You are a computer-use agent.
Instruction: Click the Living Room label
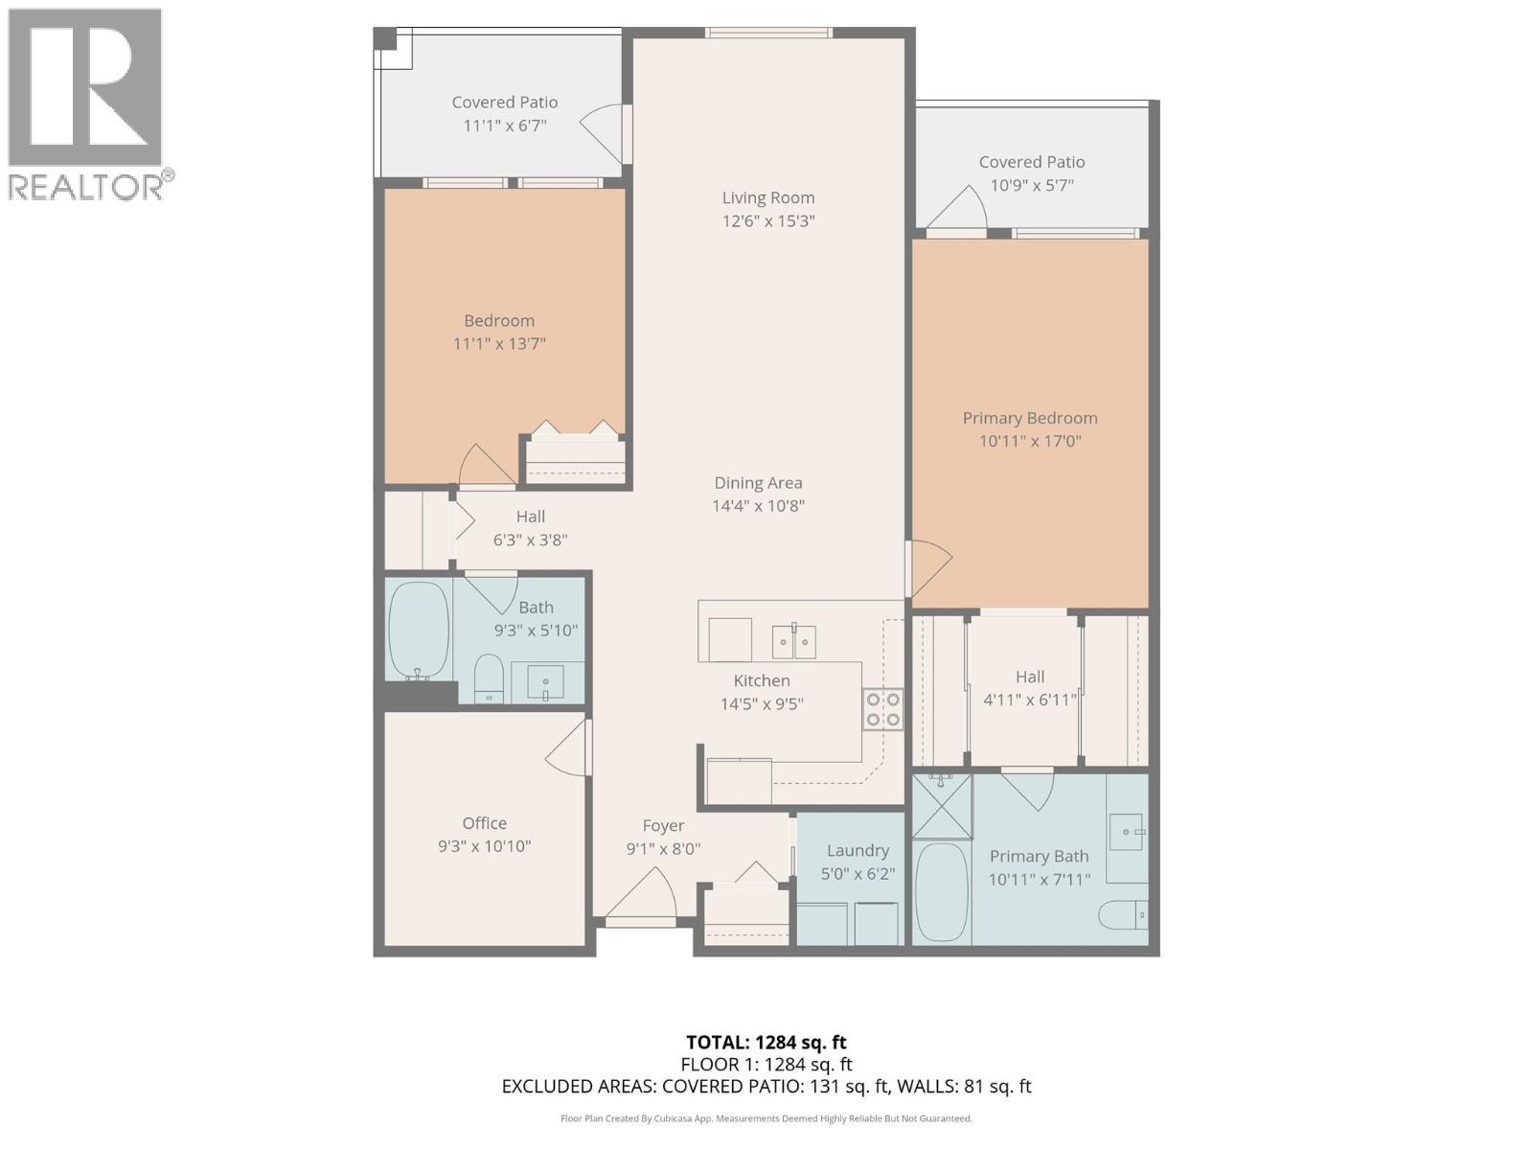tap(767, 197)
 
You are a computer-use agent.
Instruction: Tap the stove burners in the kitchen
tap(882, 710)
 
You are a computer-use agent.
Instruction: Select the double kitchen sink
tap(793, 641)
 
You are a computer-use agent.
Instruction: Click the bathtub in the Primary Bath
tap(942, 892)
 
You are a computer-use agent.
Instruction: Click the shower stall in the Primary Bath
tap(941, 807)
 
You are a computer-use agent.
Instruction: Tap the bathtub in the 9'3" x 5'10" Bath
tap(419, 631)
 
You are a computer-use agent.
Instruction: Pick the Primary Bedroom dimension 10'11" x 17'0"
tap(1030, 441)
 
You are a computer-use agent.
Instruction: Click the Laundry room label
tap(858, 850)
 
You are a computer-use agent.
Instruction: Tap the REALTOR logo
tap(86, 103)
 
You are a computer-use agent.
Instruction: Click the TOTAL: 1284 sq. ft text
tap(766, 1042)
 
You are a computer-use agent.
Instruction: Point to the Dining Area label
tap(758, 483)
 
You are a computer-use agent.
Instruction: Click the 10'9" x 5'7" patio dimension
tap(1032, 185)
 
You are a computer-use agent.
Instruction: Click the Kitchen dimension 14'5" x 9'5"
tap(762, 704)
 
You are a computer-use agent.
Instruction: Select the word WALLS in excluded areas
tap(929, 1087)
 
